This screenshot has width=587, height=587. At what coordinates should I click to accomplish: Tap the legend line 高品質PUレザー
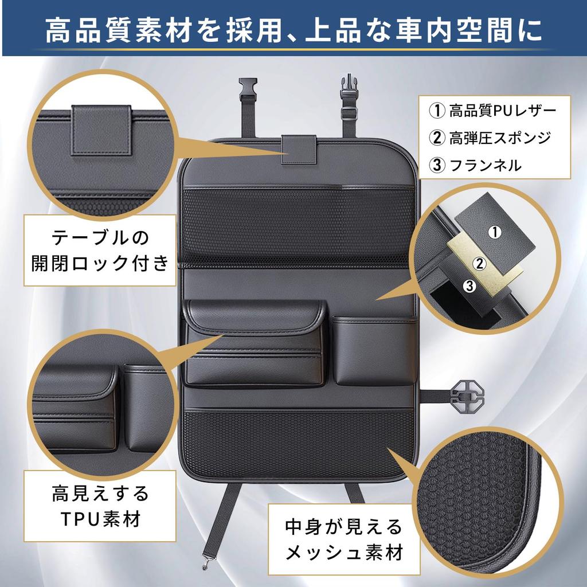point(493,110)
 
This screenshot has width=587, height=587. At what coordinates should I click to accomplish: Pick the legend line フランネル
point(476,166)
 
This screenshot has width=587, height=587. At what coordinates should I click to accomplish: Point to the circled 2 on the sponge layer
point(478,263)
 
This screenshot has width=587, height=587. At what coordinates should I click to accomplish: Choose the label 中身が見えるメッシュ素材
point(345,540)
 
